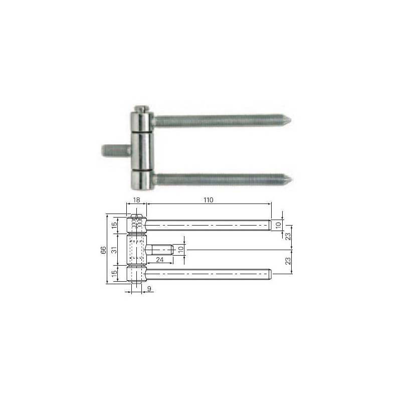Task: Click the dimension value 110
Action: (209, 200)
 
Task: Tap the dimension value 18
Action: (137, 200)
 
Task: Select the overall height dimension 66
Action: (103, 250)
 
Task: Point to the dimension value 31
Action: (115, 249)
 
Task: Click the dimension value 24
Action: (160, 260)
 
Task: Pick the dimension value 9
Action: (149, 289)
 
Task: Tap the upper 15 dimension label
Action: (115, 225)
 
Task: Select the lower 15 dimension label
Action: (115, 273)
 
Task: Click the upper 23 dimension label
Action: (288, 236)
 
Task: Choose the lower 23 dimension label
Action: (288, 261)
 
